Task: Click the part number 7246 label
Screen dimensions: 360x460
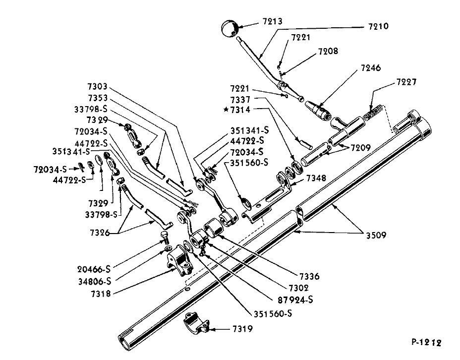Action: (371, 68)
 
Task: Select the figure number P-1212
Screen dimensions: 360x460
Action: (426, 342)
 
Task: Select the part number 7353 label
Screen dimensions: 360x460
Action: (97, 97)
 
